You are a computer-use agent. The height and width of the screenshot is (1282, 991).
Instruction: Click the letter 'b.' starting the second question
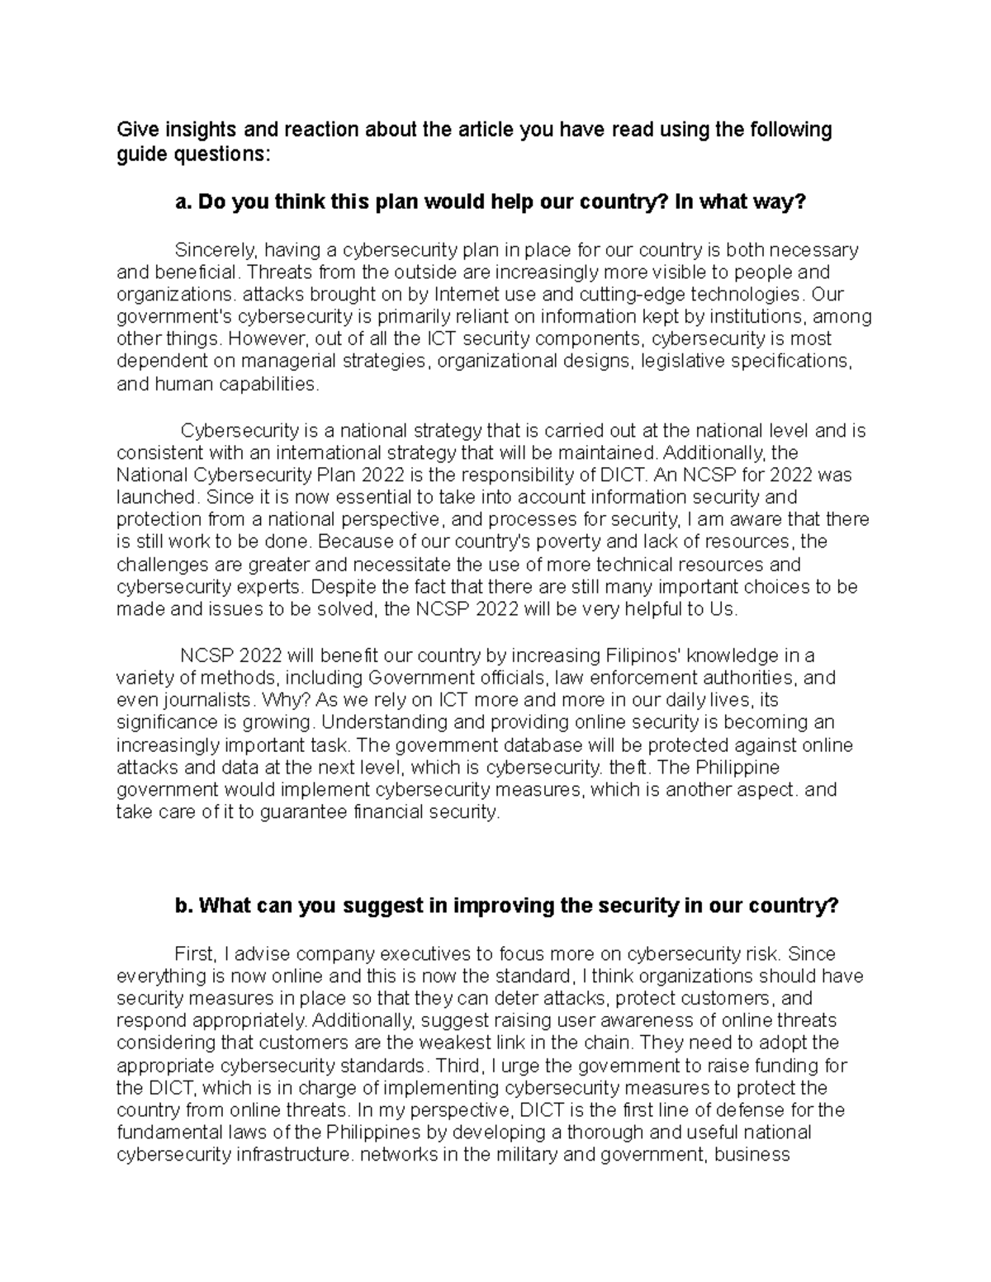[x=184, y=906]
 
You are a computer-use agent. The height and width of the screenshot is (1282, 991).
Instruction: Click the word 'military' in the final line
[x=516, y=1155]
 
